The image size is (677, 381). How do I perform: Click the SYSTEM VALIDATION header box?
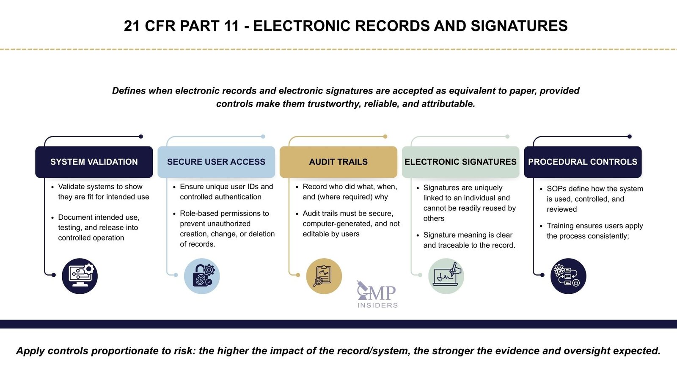click(x=94, y=162)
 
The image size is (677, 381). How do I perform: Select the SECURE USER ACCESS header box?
click(x=216, y=162)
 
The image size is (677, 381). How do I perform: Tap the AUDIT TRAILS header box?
click(x=338, y=162)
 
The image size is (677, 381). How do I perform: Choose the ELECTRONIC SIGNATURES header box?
click(x=460, y=162)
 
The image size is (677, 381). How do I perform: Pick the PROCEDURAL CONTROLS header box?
click(x=583, y=162)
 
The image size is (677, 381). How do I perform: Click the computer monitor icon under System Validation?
click(x=80, y=276)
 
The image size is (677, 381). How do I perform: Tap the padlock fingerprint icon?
click(x=202, y=276)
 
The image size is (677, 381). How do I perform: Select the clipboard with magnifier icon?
click(x=324, y=276)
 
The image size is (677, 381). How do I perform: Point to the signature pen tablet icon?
click(x=446, y=276)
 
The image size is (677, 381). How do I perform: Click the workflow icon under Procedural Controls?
click(x=568, y=276)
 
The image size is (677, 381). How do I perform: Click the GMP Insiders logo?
click(x=377, y=295)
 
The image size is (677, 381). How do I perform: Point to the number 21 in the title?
click(x=132, y=26)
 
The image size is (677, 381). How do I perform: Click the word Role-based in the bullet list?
click(x=198, y=213)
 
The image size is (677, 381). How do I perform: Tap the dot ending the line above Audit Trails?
click(x=385, y=136)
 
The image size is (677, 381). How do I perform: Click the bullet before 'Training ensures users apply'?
click(x=541, y=226)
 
